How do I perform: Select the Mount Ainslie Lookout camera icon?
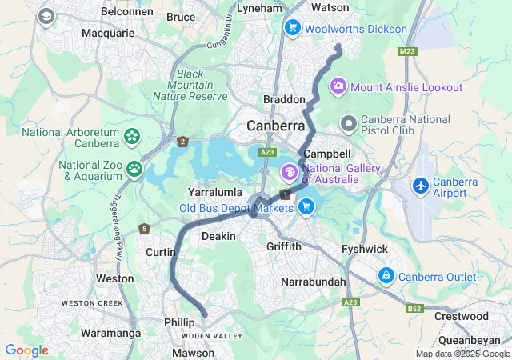click(338, 85)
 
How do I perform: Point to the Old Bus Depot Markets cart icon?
click(305, 207)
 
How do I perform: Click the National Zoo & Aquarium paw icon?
click(134, 169)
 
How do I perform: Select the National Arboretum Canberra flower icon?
click(131, 138)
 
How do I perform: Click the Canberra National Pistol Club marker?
click(348, 124)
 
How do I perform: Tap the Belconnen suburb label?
click(128, 12)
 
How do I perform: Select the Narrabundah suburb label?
click(314, 282)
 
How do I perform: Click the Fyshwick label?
click(365, 249)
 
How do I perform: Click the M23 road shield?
click(407, 51)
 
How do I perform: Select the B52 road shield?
click(414, 308)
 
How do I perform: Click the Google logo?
click(26, 350)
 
